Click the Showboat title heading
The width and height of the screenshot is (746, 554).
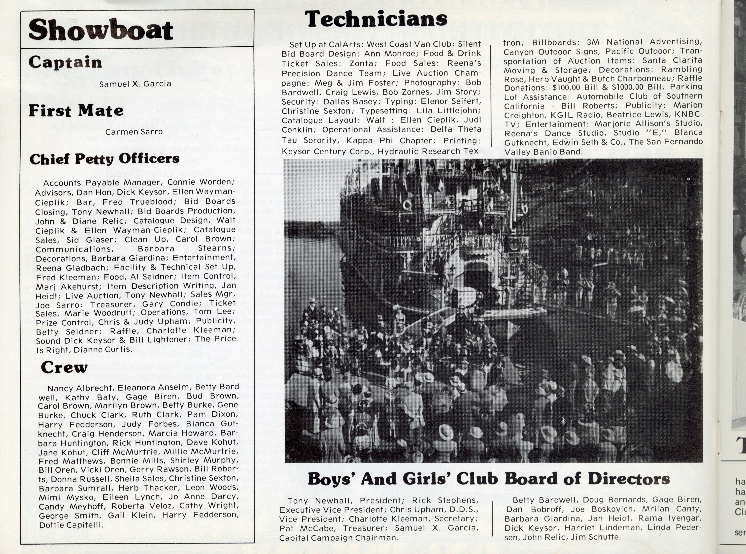coord(101,30)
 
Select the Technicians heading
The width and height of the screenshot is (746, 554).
coord(376,19)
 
